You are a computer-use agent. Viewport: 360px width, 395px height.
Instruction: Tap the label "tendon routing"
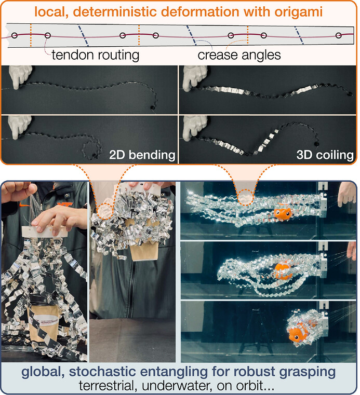96,55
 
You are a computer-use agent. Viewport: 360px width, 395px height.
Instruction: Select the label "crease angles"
239,55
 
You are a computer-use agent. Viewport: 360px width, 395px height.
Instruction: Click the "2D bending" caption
142,155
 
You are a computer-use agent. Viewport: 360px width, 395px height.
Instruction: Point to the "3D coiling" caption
325,155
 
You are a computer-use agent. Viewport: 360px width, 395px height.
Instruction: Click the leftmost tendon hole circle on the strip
15,35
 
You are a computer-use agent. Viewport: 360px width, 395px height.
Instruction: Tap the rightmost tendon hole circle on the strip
339,35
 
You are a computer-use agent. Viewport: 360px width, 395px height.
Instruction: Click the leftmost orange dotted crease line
31,35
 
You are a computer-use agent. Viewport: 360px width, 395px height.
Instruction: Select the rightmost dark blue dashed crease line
299,35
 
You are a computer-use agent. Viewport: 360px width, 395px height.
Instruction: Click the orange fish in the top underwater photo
283,213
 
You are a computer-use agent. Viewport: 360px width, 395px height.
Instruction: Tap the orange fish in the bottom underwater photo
299,332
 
